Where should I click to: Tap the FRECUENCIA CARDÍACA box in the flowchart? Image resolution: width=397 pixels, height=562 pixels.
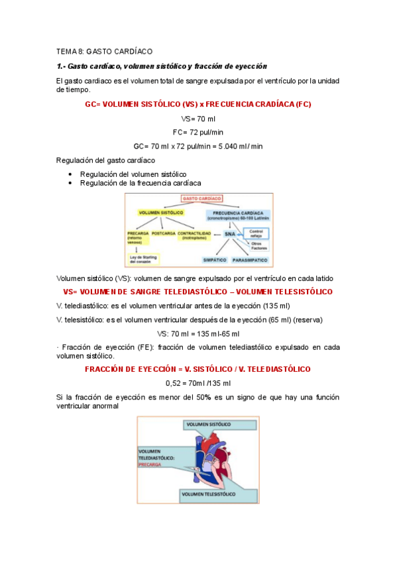235,214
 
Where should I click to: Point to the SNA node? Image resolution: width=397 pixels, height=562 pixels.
230,234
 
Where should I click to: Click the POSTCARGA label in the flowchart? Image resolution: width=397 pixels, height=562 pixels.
163,233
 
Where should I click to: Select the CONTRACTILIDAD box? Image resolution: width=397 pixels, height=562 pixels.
194,235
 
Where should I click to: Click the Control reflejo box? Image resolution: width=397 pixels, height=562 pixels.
256,233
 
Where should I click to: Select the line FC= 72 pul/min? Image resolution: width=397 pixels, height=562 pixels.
198,132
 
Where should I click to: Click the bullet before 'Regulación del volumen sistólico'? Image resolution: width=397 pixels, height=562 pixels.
70,174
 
